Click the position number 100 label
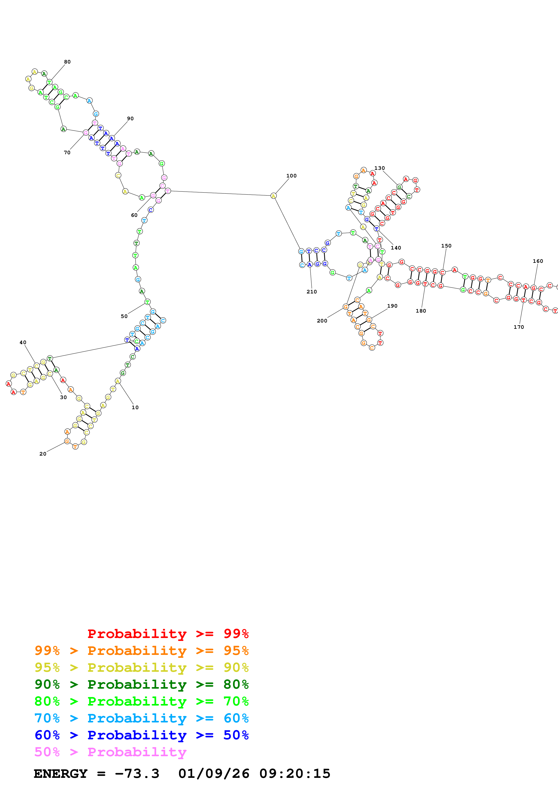pyautogui.click(x=291, y=176)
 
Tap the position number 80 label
pyautogui.click(x=67, y=62)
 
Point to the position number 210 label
pyautogui.click(x=312, y=292)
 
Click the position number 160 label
pyautogui.click(x=538, y=261)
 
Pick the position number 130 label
pyautogui.click(x=380, y=168)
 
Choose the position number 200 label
pyautogui.click(x=322, y=321)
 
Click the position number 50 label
pyautogui.click(x=124, y=316)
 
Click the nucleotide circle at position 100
pyautogui.click(x=273, y=196)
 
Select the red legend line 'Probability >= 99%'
pyautogui.click(x=168, y=633)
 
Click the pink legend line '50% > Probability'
pyautogui.click(x=110, y=752)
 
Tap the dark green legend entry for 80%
pyautogui.click(x=141, y=684)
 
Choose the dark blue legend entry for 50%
pyautogui.click(x=141, y=735)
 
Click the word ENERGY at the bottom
pyautogui.click(x=61, y=774)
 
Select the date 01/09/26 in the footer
pyautogui.click(x=214, y=774)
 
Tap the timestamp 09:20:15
pyautogui.click(x=295, y=774)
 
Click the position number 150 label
pyautogui.click(x=446, y=246)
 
